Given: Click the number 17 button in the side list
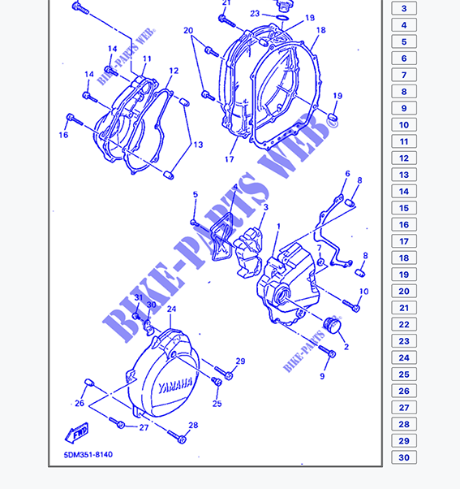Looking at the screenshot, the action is (404, 241).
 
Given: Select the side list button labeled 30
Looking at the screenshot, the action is (404, 457).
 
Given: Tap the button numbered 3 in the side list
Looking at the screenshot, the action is (404, 8).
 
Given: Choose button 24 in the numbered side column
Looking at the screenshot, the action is (404, 357).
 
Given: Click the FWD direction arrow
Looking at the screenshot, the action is (76, 433).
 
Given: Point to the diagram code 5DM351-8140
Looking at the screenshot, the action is (88, 455).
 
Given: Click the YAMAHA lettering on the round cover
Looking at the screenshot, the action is (175, 387).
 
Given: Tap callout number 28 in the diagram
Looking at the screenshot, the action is (193, 426).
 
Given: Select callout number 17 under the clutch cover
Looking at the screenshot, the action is (230, 159).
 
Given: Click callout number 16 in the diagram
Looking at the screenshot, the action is (63, 135).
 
